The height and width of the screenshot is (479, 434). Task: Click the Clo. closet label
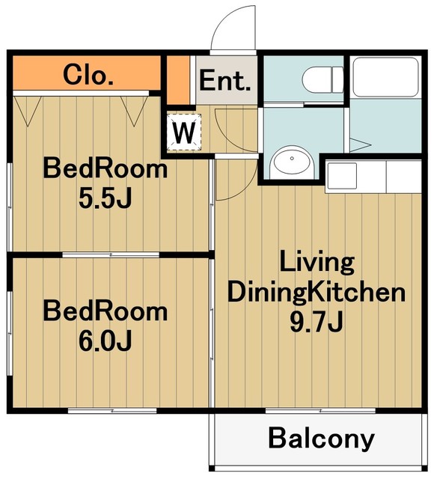(88, 75)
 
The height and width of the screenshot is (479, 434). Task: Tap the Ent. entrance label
(225, 80)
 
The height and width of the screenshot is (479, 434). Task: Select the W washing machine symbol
(184, 132)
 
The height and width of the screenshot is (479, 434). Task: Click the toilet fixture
(323, 80)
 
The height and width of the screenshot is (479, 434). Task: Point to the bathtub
(385, 77)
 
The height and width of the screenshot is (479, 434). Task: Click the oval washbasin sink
(292, 160)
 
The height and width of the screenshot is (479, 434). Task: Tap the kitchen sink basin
(342, 176)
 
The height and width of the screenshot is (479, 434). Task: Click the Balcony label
(321, 439)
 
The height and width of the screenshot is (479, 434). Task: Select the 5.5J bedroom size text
(106, 198)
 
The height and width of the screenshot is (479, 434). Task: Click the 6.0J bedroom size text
(106, 340)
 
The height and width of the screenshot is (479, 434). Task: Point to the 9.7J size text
(317, 322)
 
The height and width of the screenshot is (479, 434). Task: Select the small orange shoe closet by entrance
(177, 80)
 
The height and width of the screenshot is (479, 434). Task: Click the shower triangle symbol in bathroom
(360, 144)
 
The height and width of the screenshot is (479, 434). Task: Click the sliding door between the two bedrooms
(111, 254)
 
